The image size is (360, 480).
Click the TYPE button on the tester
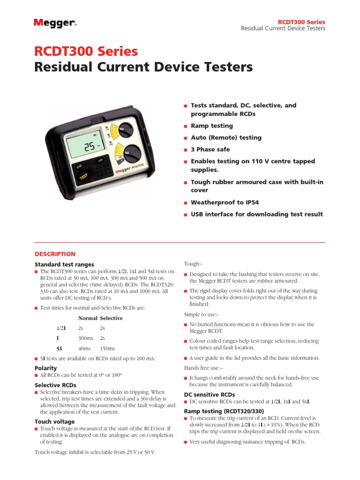click(100, 160)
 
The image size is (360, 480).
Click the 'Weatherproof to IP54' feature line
click(225, 202)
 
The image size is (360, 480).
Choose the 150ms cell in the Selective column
click(107, 348)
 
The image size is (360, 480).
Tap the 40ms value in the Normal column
click(84, 348)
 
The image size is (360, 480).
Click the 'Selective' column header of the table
click(111, 318)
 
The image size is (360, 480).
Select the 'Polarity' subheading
click(46, 368)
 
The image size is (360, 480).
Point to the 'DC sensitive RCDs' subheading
click(210, 395)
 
